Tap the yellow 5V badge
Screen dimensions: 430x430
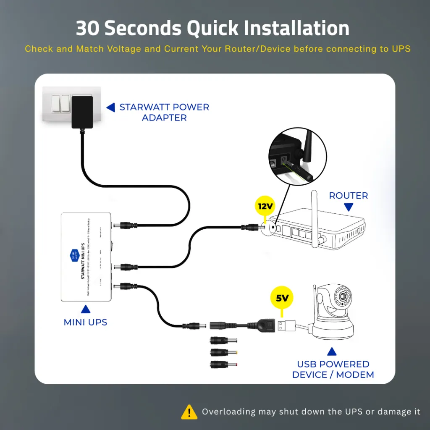(282, 299)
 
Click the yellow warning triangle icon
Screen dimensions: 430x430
(189, 412)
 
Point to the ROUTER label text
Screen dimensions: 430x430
(348, 196)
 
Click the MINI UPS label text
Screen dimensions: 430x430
(85, 322)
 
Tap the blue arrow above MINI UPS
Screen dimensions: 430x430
(85, 310)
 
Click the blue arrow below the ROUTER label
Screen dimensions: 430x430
(348, 207)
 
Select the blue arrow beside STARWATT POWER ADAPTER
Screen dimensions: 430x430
(110, 107)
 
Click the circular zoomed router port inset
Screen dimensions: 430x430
(297, 159)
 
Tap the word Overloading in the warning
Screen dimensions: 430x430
(228, 412)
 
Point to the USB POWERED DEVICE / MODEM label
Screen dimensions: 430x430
(333, 370)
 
